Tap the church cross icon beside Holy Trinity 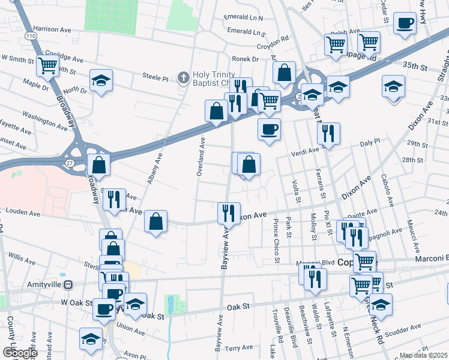click(x=184, y=77)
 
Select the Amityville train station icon click(x=68, y=284)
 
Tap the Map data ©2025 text click(x=423, y=355)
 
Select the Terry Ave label click(x=240, y=348)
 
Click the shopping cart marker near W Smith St click(x=47, y=65)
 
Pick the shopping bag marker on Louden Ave click(x=156, y=221)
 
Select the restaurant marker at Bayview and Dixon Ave click(x=228, y=212)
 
